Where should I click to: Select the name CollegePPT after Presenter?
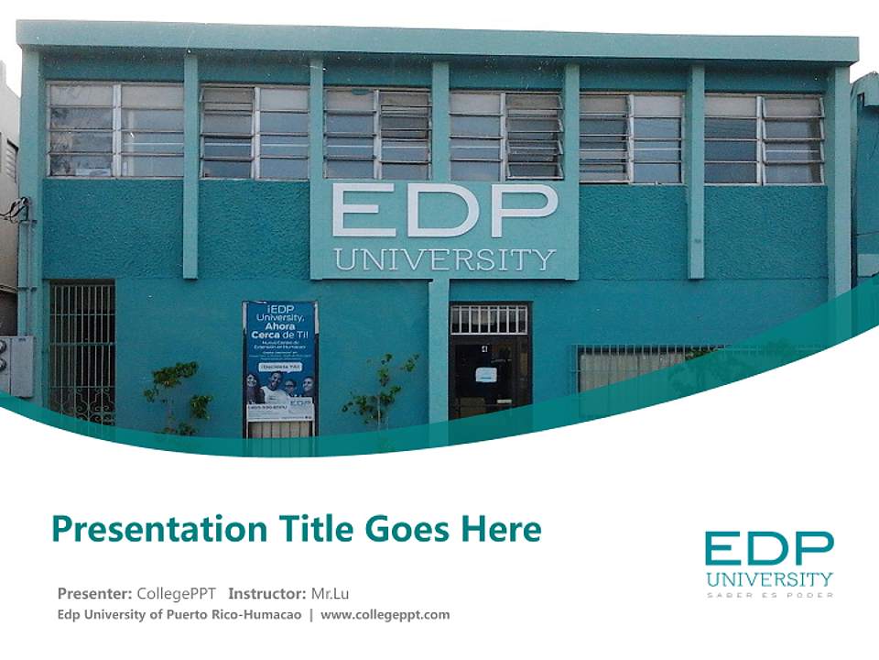coord(176,593)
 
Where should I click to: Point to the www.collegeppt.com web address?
coord(385,614)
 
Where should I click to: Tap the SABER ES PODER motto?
coord(769,595)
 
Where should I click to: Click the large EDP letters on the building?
coord(444,210)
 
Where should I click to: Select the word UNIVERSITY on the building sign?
coord(444,259)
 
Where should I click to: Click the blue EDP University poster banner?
coord(280,361)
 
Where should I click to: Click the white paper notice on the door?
coord(485,375)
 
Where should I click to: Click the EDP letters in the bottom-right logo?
coord(769,549)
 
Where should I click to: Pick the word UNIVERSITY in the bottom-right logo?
coord(769,578)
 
